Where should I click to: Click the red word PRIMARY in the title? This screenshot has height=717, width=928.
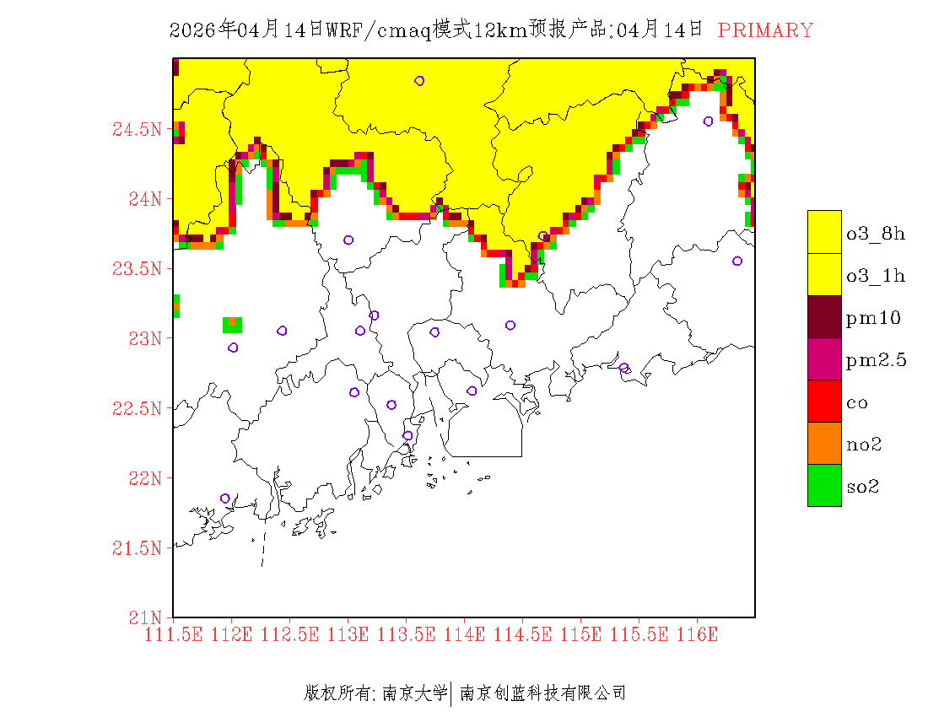(765, 30)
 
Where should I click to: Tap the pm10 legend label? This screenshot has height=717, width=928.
(873, 318)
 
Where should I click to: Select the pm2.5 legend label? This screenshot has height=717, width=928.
(877, 360)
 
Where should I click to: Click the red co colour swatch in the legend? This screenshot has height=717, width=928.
(824, 401)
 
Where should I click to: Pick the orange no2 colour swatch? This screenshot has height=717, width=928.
(824, 443)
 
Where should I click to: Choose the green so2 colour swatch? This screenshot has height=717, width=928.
(824, 485)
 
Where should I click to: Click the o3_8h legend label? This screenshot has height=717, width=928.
(876, 234)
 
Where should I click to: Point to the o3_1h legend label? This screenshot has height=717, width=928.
(876, 276)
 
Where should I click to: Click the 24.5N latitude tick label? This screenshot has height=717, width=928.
(137, 130)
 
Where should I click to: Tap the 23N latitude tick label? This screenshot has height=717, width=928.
(143, 338)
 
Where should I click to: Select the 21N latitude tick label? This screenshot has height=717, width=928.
(143, 617)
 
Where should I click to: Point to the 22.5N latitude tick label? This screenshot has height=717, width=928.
(137, 408)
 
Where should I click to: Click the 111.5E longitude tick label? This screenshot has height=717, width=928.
(173, 634)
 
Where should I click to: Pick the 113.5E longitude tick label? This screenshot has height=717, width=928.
(406, 634)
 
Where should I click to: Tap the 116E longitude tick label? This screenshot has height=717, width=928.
(697, 634)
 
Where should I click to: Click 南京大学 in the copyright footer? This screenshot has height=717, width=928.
(414, 693)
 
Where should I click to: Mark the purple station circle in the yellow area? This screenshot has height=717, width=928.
(419, 81)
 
